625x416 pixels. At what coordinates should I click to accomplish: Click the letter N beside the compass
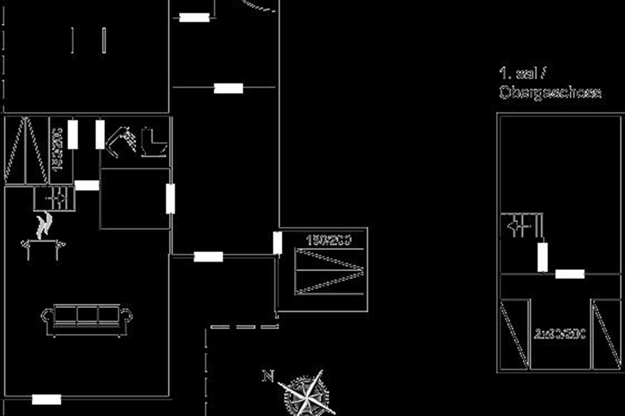[268, 375]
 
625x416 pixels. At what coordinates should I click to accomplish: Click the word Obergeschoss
[549, 93]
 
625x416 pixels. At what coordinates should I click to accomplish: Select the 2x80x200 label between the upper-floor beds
[560, 333]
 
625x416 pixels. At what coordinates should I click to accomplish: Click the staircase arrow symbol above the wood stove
[54, 199]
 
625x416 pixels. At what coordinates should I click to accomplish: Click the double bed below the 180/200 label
[329, 271]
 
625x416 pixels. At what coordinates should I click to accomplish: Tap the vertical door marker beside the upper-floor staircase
[542, 257]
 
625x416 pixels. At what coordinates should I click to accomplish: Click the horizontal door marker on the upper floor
[569, 274]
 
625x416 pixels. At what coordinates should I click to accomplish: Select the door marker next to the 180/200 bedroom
[278, 243]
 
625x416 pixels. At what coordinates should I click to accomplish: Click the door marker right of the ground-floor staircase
[87, 185]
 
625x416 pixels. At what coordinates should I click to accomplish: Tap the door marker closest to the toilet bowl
[100, 134]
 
